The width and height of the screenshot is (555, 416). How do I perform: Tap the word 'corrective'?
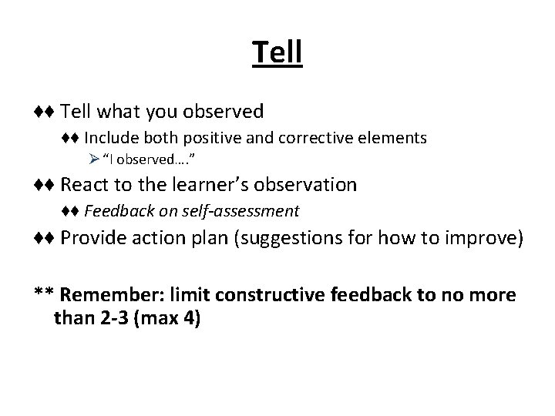(298, 139)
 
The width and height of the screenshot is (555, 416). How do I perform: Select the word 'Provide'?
(90, 239)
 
